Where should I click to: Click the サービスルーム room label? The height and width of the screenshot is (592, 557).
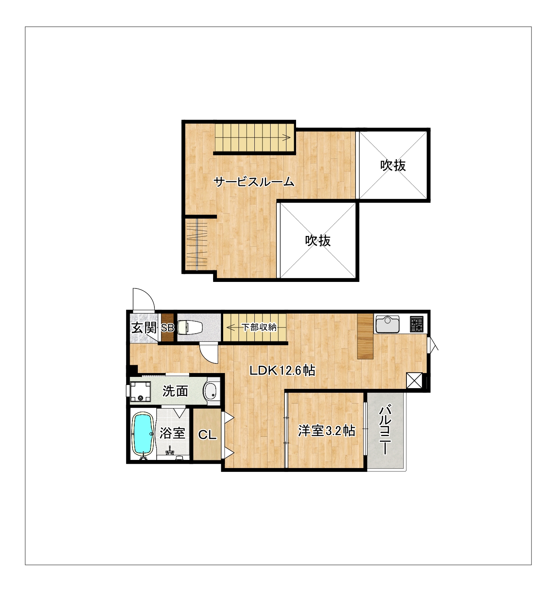(x=254, y=182)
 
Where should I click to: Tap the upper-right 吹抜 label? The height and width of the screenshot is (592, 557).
(x=393, y=165)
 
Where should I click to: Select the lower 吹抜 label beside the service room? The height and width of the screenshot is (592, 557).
(x=318, y=241)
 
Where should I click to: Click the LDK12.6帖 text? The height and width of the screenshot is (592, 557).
(x=282, y=371)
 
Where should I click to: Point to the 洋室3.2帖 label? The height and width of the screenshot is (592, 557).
(x=327, y=431)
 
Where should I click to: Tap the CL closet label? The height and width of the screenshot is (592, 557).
(x=207, y=435)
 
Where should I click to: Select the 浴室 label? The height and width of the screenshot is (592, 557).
(x=173, y=433)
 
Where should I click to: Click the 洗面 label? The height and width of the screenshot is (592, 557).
(x=175, y=391)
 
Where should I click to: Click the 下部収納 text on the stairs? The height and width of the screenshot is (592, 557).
(x=259, y=327)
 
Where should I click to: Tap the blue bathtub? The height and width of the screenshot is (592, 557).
(x=142, y=434)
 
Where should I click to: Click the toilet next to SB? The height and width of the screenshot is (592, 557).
(x=190, y=327)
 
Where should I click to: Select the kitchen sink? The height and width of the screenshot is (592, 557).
(x=388, y=324)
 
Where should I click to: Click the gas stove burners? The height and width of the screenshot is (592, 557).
(x=417, y=324)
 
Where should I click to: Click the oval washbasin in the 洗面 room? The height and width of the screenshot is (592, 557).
(x=211, y=392)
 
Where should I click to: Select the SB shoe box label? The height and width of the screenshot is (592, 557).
(x=168, y=328)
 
